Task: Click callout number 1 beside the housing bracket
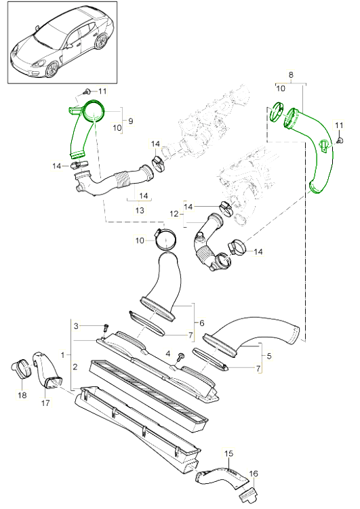[x=62, y=354]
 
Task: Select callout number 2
[x=75, y=367]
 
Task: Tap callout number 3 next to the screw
[x=76, y=325]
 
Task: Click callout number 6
[x=202, y=323]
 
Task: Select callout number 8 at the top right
[x=291, y=75]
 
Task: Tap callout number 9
[x=130, y=121]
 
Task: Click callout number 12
[x=174, y=214]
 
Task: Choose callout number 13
[x=140, y=210]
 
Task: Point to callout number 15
[x=229, y=453]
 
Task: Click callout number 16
[x=254, y=474]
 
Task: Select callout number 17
[x=45, y=403]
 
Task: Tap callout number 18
[x=22, y=395]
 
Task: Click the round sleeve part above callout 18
[x=22, y=369]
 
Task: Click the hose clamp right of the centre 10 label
[x=165, y=239]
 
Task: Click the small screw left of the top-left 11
[x=87, y=92]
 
